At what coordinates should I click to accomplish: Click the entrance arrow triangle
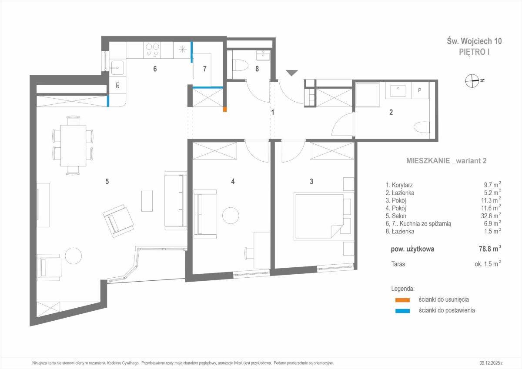292,73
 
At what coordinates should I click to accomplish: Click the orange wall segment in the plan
224,109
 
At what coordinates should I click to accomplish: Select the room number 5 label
107,181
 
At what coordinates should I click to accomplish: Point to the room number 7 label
204,69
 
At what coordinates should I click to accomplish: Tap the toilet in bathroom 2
422,128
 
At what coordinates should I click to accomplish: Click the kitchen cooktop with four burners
153,50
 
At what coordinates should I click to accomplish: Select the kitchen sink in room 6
117,68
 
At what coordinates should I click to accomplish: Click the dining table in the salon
73,146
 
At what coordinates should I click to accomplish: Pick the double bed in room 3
319,216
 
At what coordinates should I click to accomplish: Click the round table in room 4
231,215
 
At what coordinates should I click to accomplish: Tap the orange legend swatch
402,300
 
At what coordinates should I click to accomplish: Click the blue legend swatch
402,311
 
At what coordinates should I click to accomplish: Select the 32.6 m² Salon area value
491,215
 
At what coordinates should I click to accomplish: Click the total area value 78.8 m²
490,249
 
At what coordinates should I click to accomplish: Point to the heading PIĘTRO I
474,52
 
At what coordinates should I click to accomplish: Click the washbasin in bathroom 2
398,90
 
